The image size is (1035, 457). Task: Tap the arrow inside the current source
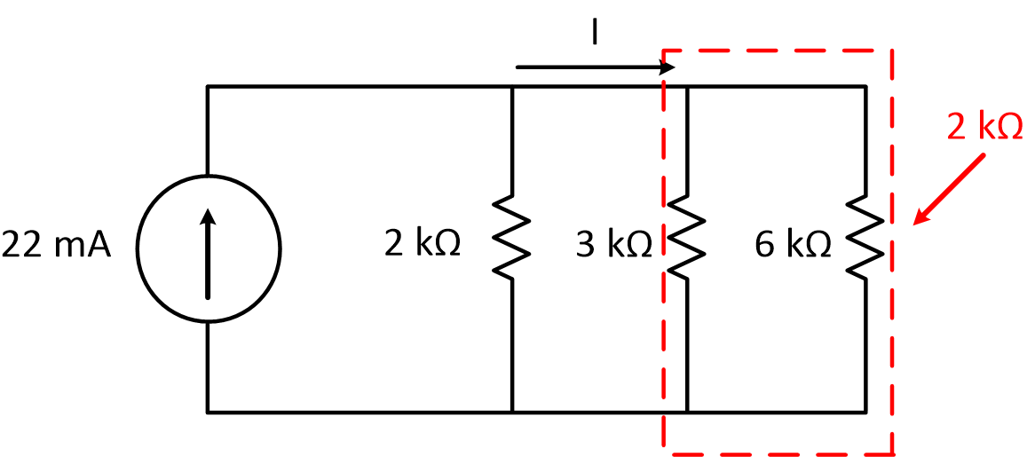(208, 253)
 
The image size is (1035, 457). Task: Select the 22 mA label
(57, 245)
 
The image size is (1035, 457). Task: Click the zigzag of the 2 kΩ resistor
(512, 238)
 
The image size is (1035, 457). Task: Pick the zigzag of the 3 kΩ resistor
(688, 238)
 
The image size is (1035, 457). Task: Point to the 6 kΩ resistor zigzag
(865, 238)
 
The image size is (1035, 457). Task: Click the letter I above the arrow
(595, 33)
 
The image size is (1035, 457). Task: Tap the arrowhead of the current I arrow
(668, 67)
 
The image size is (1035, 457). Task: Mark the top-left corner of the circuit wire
(208, 87)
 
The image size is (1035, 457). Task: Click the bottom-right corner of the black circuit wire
(865, 412)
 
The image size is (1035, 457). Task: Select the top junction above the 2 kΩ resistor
(512, 87)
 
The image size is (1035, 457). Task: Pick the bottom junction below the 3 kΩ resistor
(688, 412)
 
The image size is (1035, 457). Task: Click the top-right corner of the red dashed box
(891, 51)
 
